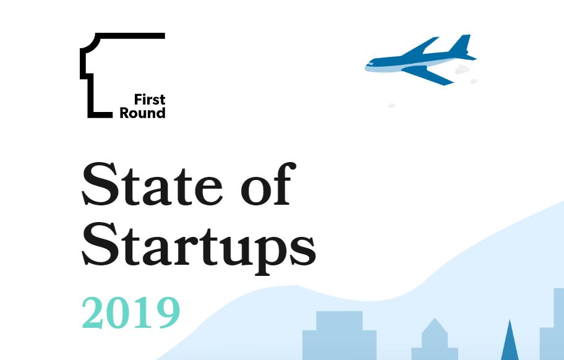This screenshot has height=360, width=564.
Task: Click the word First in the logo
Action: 150,99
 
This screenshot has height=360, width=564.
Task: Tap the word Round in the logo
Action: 142,113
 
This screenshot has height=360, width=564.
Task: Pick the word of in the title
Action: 268,184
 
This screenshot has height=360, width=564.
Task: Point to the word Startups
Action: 199,248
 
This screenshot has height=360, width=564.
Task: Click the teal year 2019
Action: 131,313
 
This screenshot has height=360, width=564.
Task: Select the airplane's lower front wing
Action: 428,75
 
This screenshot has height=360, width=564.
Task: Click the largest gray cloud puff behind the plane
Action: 462,69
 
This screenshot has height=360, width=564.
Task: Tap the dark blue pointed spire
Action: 510,341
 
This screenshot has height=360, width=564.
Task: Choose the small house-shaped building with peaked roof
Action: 435,340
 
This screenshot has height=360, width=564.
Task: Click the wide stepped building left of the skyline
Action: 340,335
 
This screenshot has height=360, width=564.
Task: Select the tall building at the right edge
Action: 552,324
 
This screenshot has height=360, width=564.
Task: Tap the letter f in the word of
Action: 284,184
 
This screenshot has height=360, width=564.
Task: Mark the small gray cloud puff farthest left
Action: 392,105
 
